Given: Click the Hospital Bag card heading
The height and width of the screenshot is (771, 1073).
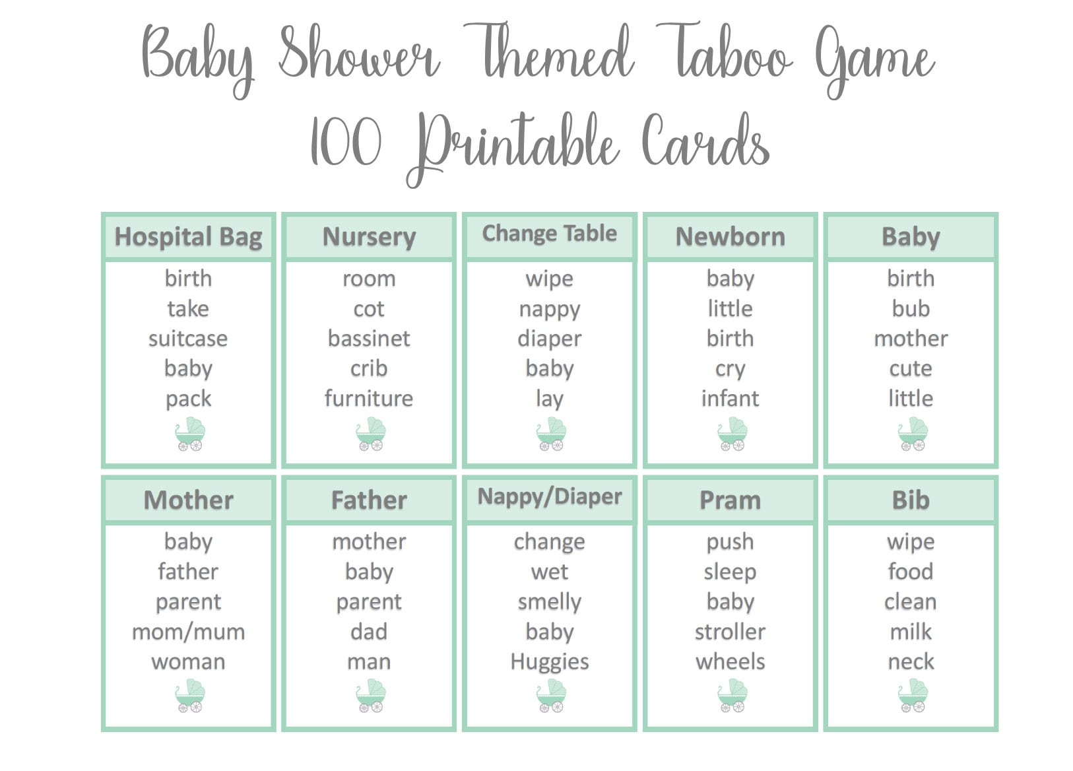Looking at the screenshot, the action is (188, 237).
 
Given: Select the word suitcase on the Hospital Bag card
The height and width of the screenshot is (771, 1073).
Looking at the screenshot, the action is (188, 339).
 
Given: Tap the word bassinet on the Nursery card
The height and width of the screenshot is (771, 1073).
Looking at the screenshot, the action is (369, 339).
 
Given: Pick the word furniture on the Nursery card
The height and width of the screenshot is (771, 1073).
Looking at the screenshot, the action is (369, 399).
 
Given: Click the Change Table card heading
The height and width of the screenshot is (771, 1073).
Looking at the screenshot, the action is (550, 234).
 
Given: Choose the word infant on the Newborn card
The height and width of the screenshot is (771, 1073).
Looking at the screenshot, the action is (730, 399).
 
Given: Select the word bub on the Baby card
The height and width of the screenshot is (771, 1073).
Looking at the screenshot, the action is (911, 308).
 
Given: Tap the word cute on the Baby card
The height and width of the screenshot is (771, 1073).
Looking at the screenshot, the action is (911, 369).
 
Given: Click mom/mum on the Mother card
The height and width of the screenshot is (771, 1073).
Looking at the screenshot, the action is (188, 632).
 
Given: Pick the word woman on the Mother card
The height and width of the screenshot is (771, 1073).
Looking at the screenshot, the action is (188, 662).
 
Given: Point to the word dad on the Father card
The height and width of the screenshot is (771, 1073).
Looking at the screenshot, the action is (369, 632).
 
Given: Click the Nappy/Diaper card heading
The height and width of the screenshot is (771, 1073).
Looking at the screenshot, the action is (550, 497).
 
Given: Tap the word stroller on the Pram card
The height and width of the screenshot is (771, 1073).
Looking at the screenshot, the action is (730, 632).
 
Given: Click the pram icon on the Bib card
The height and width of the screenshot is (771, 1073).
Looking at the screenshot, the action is (913, 695).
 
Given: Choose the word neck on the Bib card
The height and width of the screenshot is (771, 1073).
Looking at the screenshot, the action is (911, 661).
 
